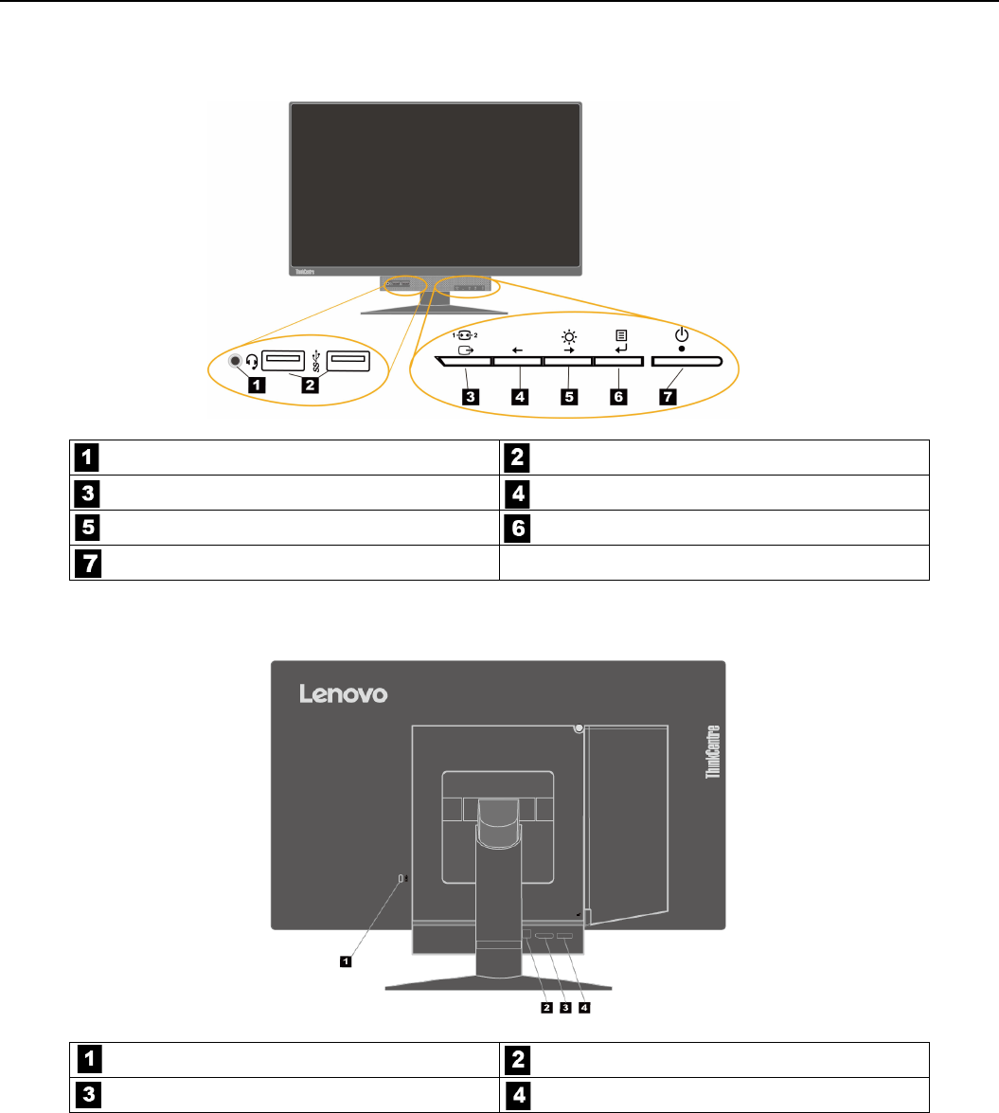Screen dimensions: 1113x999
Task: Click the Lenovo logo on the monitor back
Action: click(344, 694)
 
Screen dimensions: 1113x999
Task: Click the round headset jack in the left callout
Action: click(237, 361)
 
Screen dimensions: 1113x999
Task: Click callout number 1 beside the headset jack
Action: click(254, 384)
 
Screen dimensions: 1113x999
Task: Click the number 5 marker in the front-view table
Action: click(85, 528)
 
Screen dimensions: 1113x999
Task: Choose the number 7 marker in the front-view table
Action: click(85, 563)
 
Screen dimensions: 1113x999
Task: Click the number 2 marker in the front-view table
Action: click(517, 458)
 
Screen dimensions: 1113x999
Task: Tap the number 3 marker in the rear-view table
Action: click(85, 1094)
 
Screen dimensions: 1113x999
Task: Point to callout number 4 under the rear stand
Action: click(584, 1007)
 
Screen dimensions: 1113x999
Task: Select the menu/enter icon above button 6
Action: click(620, 342)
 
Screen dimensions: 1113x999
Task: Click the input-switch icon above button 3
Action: click(466, 342)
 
